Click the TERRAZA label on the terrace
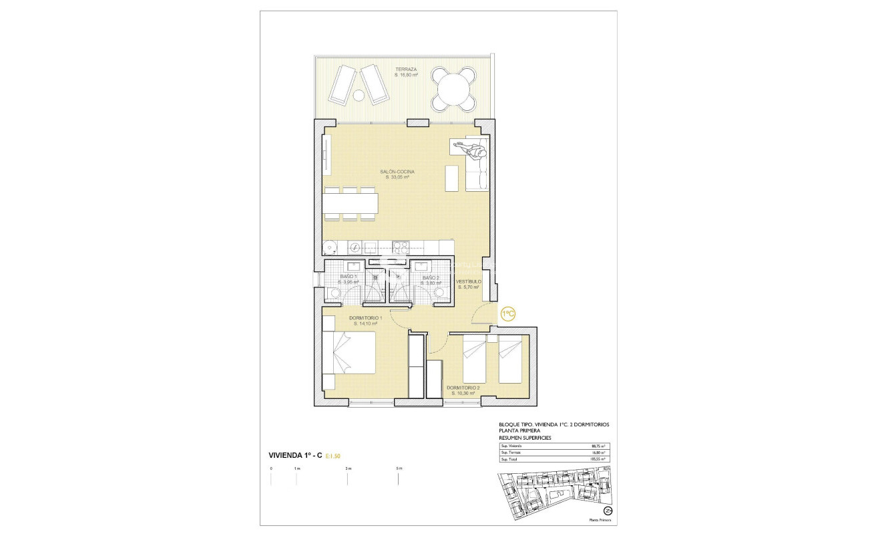click(405, 70)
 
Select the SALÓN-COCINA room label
click(397, 172)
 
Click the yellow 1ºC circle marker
click(507, 313)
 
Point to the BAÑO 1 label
click(348, 277)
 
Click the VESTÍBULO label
click(469, 282)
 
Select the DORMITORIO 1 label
click(365, 318)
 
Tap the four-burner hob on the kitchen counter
click(399, 247)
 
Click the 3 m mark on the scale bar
click(348, 469)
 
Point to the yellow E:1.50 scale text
click(334, 456)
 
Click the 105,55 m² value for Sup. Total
click(598, 459)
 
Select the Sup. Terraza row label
click(511, 452)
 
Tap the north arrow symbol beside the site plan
click(608, 511)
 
